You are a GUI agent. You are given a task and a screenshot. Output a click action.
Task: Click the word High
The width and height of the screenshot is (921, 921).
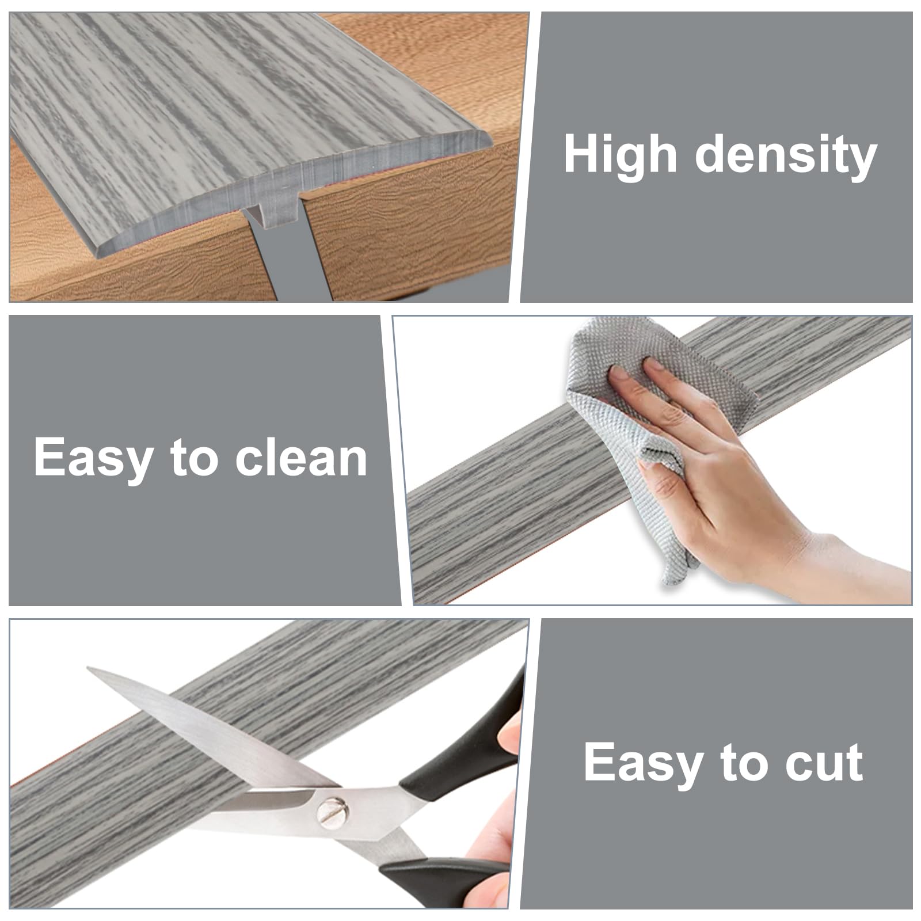coord(620,154)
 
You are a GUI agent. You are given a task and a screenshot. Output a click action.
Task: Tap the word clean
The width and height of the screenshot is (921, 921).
coord(301,458)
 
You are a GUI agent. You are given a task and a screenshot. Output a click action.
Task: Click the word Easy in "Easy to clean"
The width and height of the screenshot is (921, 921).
coord(93,459)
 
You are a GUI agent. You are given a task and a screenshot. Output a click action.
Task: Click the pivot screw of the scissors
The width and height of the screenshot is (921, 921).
coord(332,812)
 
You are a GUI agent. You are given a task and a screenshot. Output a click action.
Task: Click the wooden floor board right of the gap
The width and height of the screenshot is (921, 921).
coord(414,230)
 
